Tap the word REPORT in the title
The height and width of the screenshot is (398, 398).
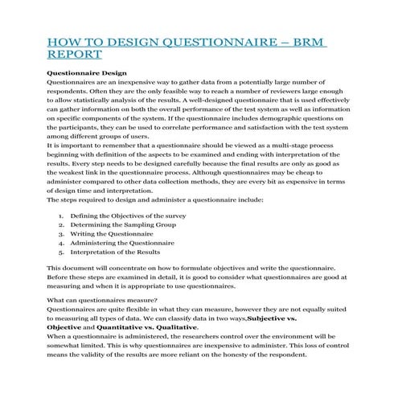coord(75,55)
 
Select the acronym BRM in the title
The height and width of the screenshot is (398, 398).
coord(306,41)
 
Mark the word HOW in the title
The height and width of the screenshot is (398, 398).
coord(65,41)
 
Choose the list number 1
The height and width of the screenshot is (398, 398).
coord(62,217)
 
